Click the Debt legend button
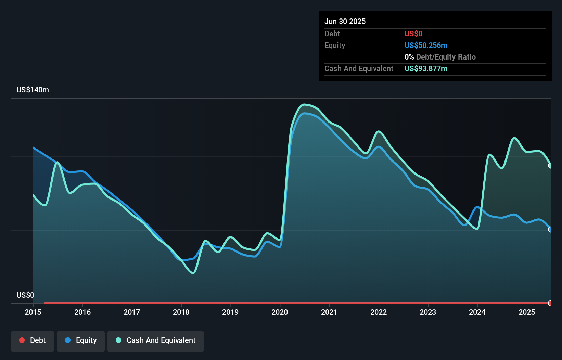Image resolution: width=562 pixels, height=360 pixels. click(33, 340)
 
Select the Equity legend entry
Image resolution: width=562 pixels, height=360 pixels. click(81, 340)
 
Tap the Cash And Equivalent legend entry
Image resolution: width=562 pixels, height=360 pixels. click(156, 340)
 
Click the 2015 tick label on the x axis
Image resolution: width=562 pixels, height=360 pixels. click(33, 312)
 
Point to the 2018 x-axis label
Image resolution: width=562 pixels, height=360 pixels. click(181, 312)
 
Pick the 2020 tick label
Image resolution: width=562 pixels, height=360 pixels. click(280, 312)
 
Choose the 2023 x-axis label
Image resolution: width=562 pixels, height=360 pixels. click(428, 312)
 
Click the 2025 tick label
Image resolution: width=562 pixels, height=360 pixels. click(527, 312)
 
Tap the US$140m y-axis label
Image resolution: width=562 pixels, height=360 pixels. click(33, 90)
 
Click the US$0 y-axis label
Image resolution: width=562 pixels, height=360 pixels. click(25, 295)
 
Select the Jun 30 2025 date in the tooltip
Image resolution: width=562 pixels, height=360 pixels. click(345, 21)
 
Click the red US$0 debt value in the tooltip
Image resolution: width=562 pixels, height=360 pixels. click(413, 34)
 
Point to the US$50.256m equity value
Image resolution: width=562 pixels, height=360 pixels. click(426, 45)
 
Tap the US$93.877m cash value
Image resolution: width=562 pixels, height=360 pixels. click(426, 68)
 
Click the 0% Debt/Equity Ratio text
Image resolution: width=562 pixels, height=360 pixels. click(440, 57)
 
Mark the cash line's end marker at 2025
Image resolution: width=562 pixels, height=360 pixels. click(550, 166)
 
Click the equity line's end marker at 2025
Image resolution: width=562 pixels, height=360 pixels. click(550, 230)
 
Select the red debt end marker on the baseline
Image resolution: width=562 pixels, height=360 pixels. click(550, 303)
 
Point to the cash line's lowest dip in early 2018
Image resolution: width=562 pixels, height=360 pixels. click(193, 273)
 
